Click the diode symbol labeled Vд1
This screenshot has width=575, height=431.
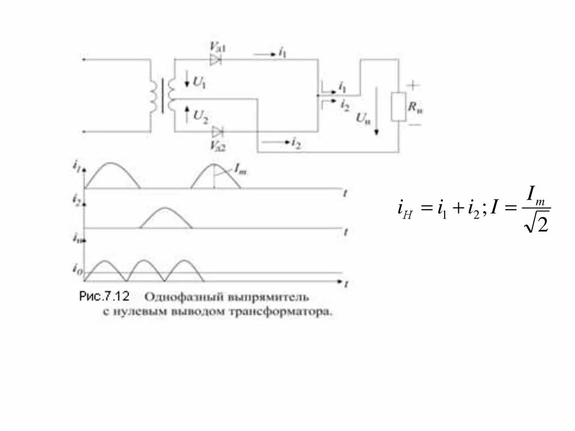(216, 58)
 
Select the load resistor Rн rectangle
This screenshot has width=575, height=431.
(399, 107)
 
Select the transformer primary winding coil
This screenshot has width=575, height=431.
(154, 96)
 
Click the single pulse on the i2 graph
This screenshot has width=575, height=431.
(166, 218)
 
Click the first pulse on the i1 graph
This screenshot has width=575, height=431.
(111, 175)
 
